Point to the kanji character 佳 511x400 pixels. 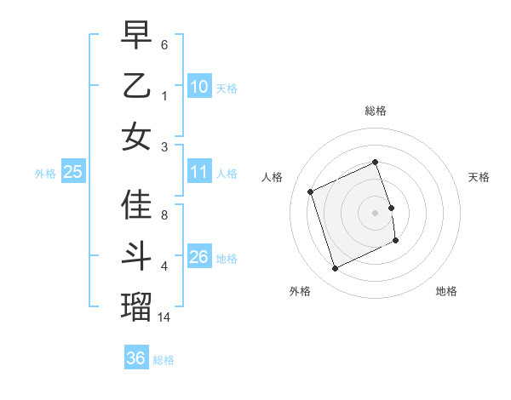[x=136, y=205]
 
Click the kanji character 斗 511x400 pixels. [x=136, y=256]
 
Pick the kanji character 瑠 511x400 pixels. [x=136, y=306]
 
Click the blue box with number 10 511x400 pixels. [x=199, y=87]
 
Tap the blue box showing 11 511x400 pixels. [x=199, y=173]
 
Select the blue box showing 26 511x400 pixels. [x=199, y=257]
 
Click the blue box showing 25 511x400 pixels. [x=72, y=173]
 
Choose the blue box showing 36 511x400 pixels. [x=136, y=358]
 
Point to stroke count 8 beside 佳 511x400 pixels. [x=164, y=214]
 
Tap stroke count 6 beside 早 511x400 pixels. [x=164, y=43]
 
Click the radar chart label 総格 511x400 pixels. [x=376, y=111]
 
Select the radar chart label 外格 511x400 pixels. [x=300, y=291]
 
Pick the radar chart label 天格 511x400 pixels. [x=479, y=177]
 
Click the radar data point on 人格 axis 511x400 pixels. [x=311, y=191]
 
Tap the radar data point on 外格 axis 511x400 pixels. [x=336, y=269]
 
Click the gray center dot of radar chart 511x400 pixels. [x=376, y=212]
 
